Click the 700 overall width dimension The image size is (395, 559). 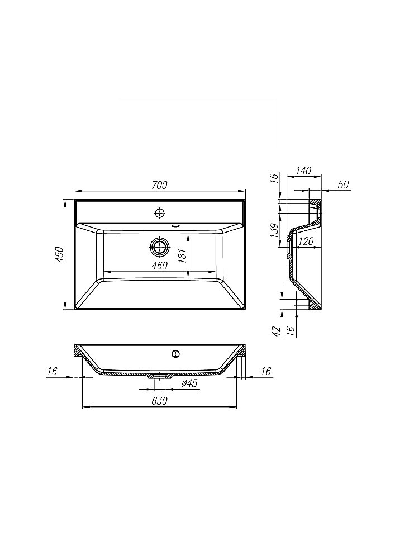point(160,185)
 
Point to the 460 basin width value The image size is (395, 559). point(159,266)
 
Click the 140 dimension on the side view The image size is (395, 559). point(304,170)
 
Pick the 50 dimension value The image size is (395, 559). point(343,184)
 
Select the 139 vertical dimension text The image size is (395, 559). point(274,231)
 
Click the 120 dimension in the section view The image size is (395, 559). point(306,241)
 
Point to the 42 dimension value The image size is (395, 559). point(275,330)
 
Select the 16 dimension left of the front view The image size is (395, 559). point(53,371)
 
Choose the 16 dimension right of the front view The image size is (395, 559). point(265,371)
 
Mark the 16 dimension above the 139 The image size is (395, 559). point(274,178)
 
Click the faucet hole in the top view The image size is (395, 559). point(160,212)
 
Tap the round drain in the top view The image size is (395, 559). point(160,247)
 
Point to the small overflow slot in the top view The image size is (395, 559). point(176,226)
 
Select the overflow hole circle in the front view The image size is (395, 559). point(176,353)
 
